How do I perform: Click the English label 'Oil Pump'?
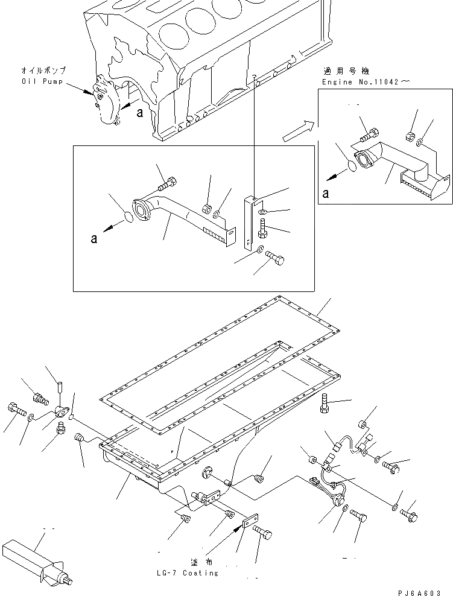(43, 81)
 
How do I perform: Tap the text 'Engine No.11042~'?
(360, 81)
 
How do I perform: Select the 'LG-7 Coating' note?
(188, 573)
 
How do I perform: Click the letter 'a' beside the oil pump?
(140, 112)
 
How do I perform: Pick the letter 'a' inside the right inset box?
(326, 193)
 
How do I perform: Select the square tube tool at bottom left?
(33, 558)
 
